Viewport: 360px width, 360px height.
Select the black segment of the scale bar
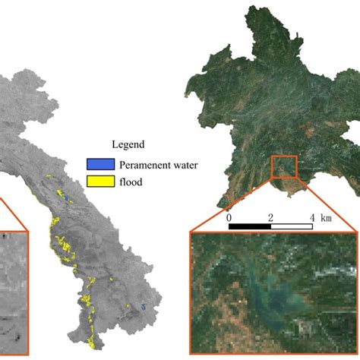(250, 226)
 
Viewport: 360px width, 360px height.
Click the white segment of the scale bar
(292, 226)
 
